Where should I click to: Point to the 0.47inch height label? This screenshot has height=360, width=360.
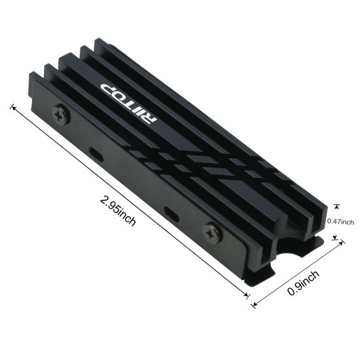(x=340, y=221)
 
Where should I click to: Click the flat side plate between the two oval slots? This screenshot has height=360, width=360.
(x=134, y=183)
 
